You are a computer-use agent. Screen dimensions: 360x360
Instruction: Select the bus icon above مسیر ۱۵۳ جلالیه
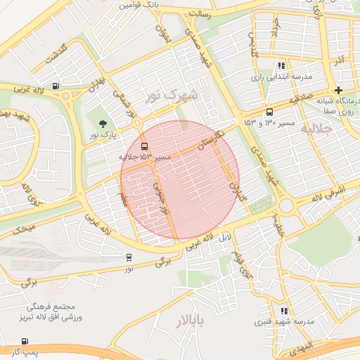pos(144,147)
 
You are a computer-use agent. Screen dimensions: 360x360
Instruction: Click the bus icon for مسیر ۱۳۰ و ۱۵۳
pos(270,112)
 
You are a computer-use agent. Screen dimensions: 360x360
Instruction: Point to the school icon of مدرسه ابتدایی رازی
pos(282,65)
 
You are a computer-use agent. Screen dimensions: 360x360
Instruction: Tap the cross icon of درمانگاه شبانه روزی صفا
pos(338,90)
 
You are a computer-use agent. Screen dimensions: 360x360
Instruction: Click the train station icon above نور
pos(129,257)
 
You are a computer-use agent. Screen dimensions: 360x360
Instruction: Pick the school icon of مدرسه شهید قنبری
pos(284,310)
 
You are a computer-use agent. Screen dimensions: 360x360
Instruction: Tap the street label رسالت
pos(209,13)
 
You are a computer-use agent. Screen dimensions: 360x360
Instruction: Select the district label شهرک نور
pos(172,94)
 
